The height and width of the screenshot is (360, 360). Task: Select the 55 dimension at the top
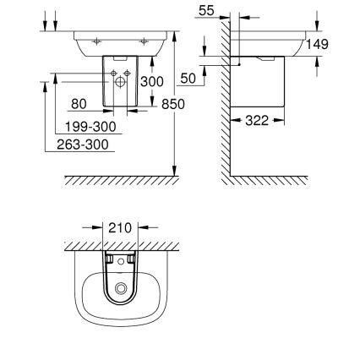206,11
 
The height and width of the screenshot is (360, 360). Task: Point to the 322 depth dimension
257,121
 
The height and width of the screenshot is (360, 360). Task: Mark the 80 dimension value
79,104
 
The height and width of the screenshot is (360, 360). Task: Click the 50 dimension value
188,78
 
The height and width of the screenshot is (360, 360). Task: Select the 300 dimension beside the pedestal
152,82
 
